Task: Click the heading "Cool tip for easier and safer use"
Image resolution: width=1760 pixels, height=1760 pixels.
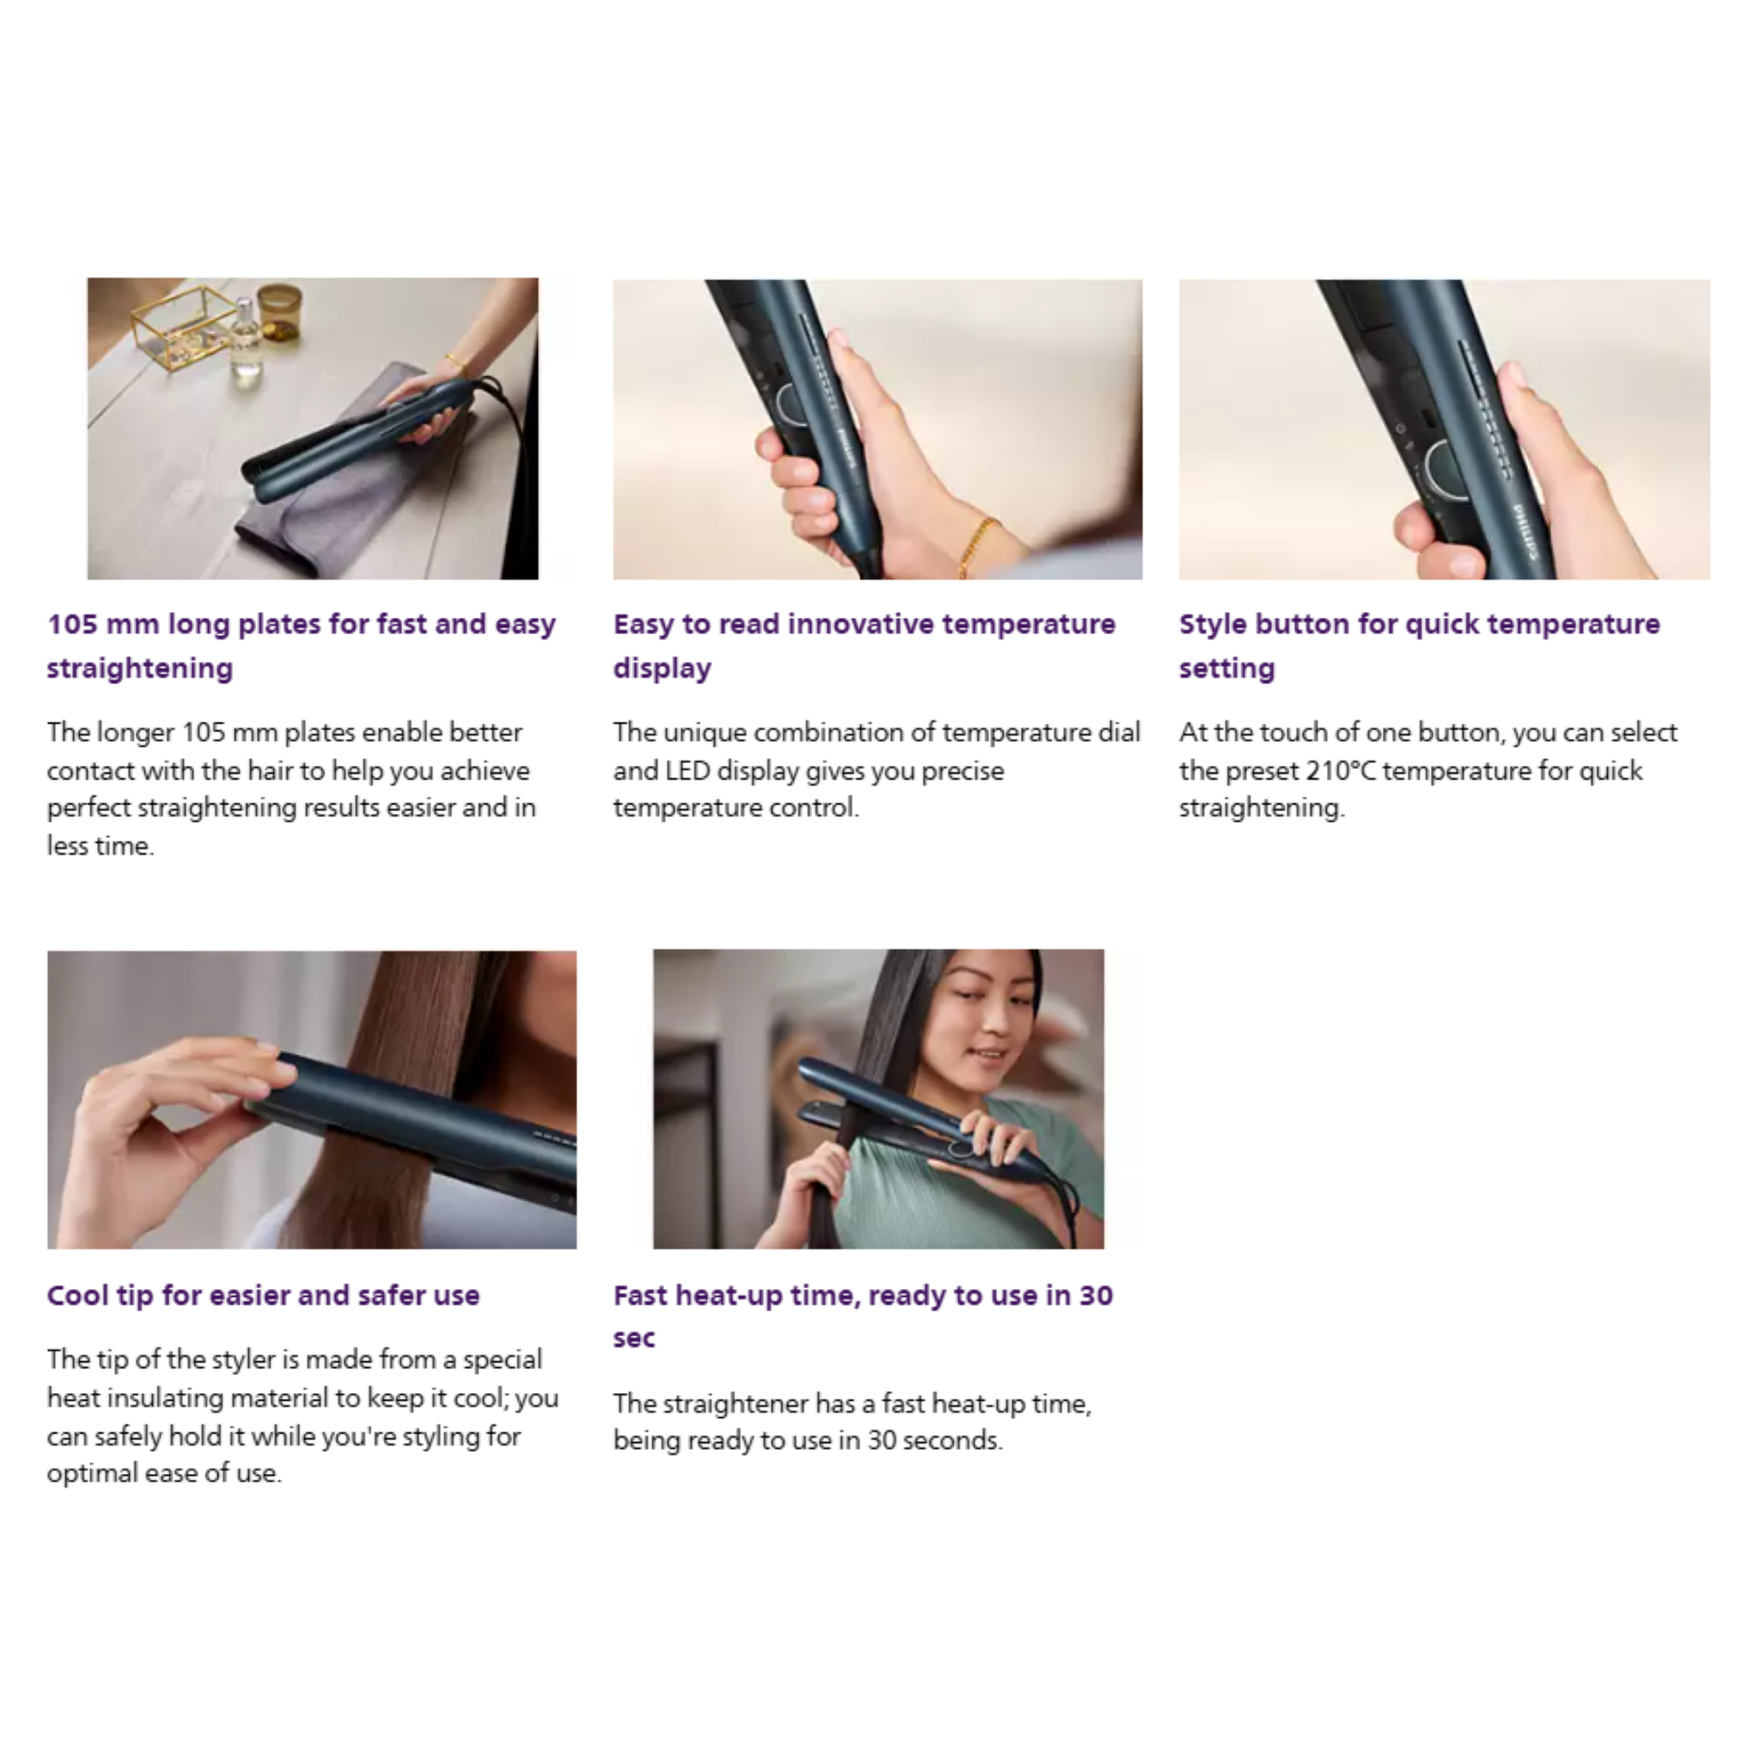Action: (x=263, y=1295)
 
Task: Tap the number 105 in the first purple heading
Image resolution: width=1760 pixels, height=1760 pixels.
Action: (x=72, y=625)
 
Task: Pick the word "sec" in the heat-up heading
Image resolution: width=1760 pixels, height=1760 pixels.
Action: (x=634, y=1339)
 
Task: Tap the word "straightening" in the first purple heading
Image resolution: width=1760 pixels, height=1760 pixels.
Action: (x=140, y=669)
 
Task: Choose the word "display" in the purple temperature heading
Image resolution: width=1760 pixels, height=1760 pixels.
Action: (x=663, y=669)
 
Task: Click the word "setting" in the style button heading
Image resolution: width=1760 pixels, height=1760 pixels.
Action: (x=1227, y=669)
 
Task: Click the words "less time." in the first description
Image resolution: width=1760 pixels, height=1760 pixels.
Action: (x=101, y=846)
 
